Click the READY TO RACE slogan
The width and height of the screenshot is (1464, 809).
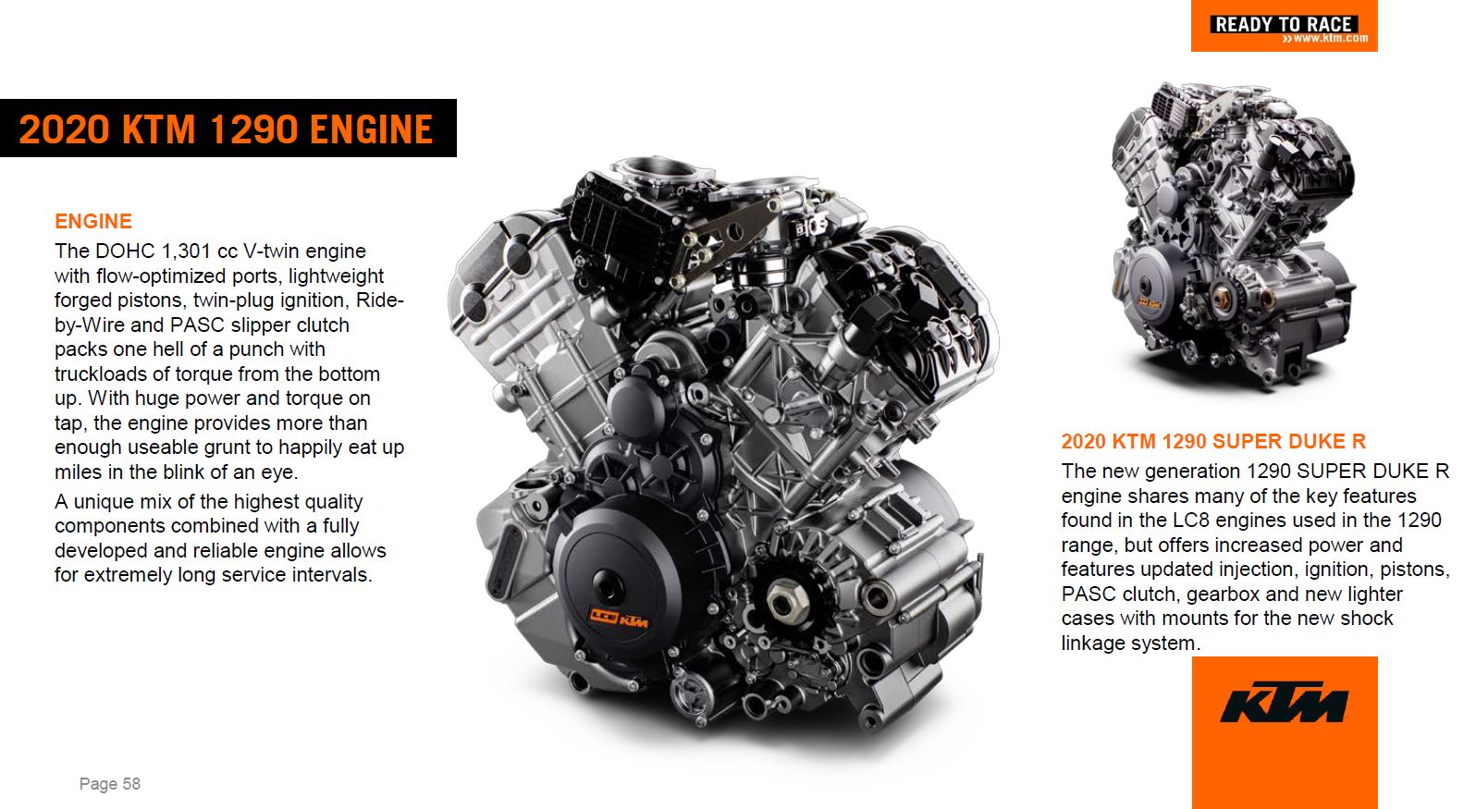[1283, 24]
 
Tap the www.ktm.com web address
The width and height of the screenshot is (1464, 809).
[1325, 39]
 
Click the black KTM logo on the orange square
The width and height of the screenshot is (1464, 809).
[1285, 703]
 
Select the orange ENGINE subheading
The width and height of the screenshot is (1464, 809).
[93, 221]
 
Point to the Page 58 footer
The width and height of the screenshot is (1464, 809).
[110, 783]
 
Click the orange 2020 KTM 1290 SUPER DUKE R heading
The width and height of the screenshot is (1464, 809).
[1213, 441]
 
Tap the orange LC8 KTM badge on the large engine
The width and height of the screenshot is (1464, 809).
[619, 619]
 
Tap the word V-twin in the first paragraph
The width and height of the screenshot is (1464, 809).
[271, 251]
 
